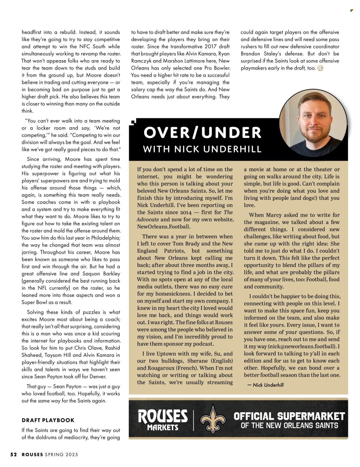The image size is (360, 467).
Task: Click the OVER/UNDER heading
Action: (202, 133)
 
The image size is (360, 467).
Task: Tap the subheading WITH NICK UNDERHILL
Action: (202, 149)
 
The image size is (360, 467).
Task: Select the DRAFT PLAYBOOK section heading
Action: (48, 420)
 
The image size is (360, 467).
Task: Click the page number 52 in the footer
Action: (14, 455)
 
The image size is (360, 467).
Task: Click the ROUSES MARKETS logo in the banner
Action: (163, 420)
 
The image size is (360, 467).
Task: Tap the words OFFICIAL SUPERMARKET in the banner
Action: (289, 416)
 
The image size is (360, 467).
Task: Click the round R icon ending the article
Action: (320, 68)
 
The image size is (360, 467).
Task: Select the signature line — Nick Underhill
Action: (265, 385)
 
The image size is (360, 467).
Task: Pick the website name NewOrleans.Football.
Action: (164, 226)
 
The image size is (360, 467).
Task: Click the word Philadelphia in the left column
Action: (105, 238)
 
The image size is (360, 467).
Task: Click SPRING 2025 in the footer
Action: (61, 455)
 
